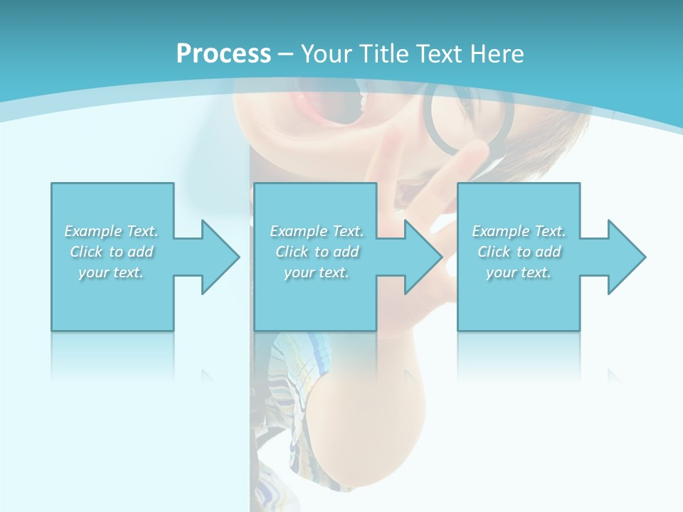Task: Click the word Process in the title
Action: point(223,53)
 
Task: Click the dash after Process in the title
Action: point(285,54)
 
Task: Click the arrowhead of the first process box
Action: point(221,257)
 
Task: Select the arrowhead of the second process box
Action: point(423,257)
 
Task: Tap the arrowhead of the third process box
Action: point(626,257)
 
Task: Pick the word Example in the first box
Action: point(93,231)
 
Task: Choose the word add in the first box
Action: point(141,252)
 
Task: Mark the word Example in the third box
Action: point(501,231)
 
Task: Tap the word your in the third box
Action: point(501,272)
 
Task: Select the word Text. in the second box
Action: point(346,231)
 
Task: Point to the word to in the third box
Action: point(524,252)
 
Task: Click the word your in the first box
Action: point(92,272)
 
